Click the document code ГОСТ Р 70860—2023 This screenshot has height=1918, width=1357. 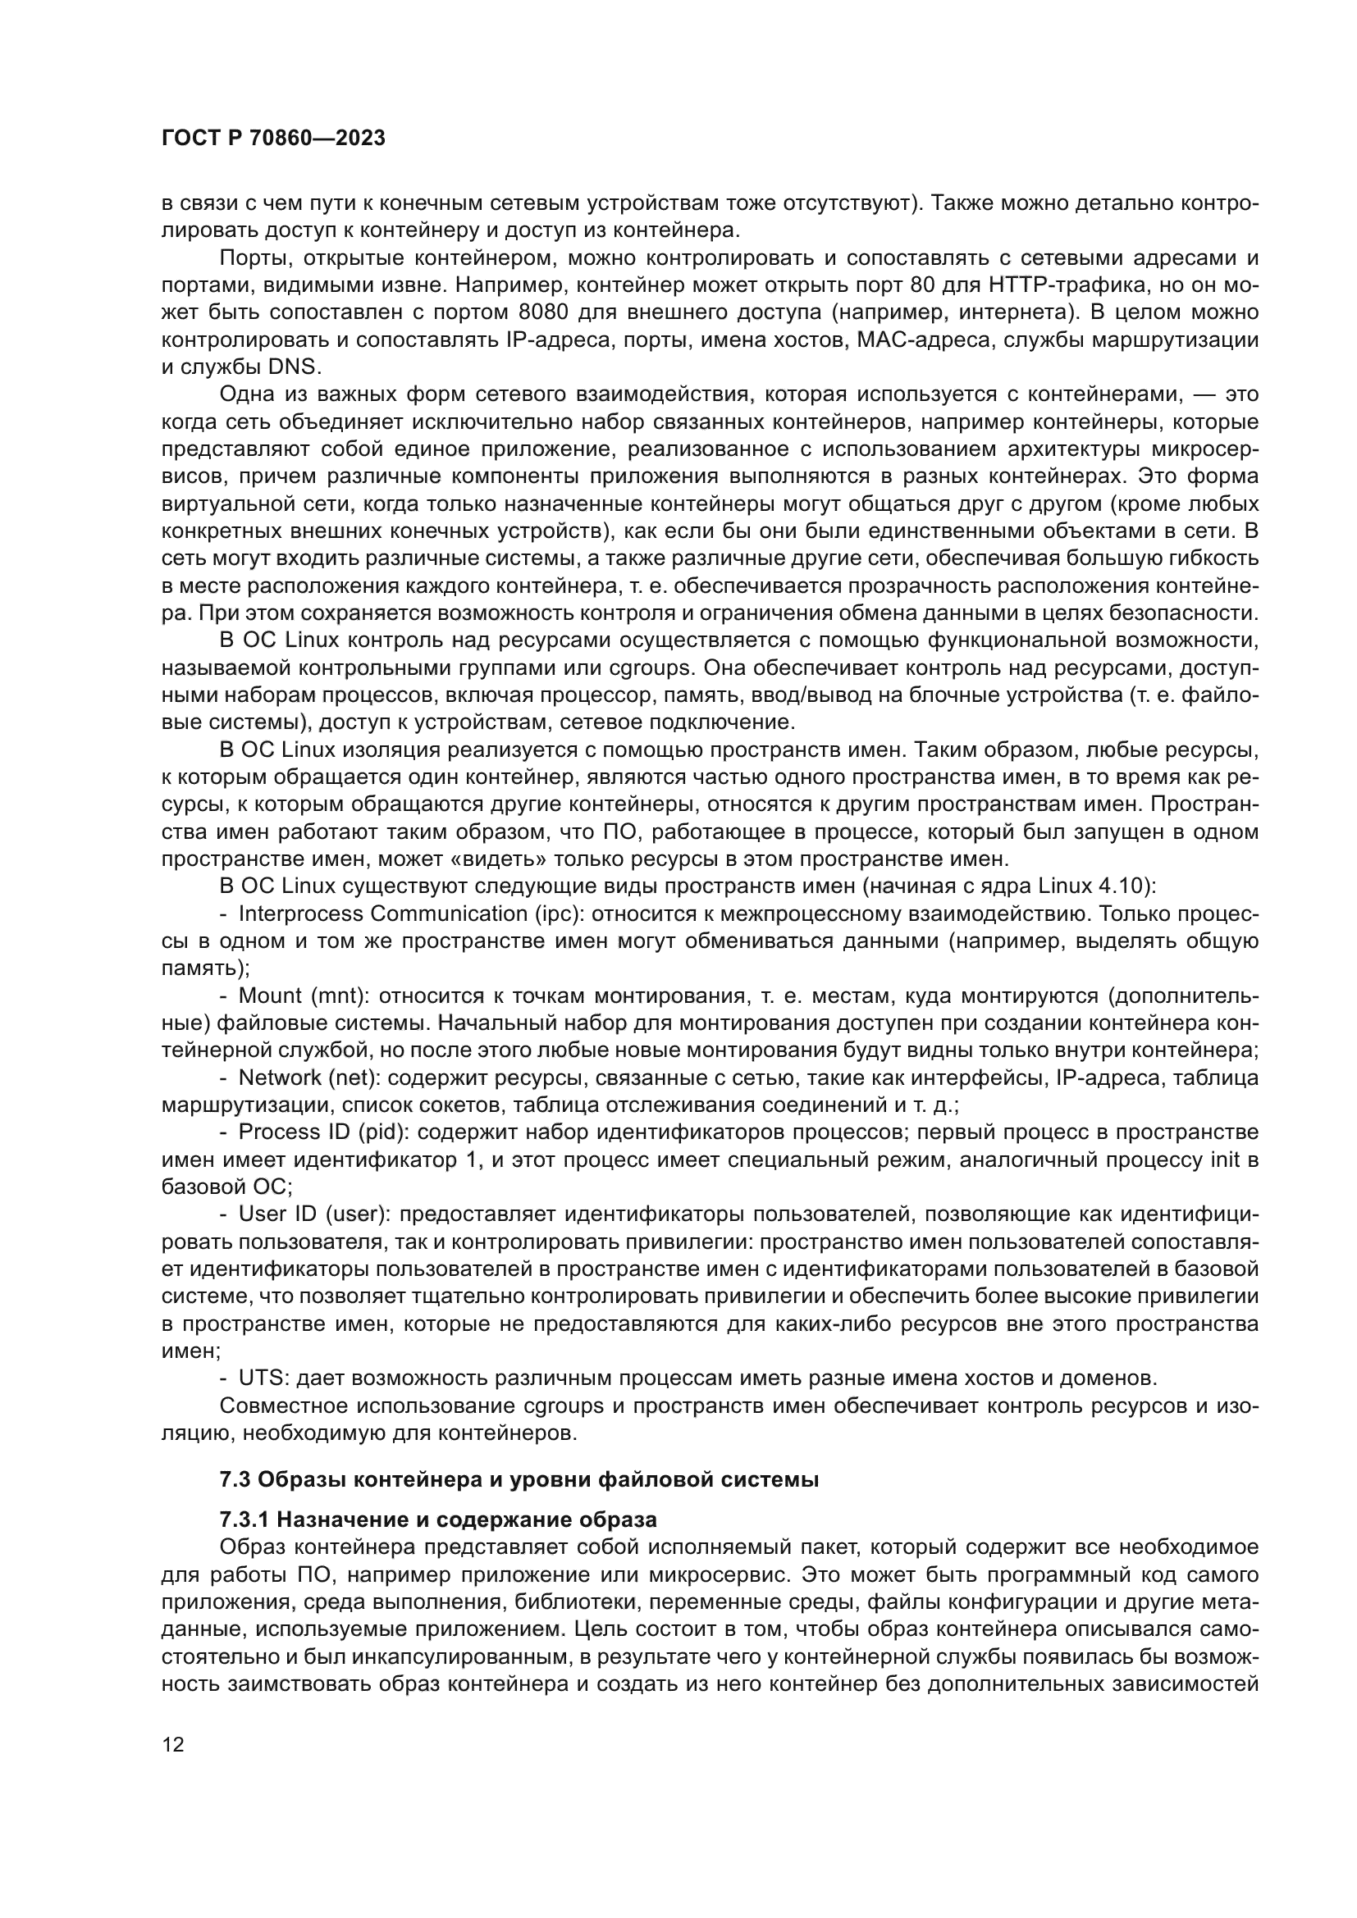coord(273,139)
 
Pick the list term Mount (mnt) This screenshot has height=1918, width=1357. coord(305,995)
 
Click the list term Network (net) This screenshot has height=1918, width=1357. coord(309,1077)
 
